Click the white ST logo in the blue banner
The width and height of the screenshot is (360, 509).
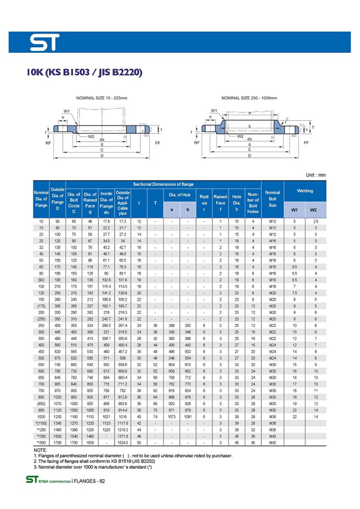pos(49,43)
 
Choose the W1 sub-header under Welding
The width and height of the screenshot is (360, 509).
pos(294,210)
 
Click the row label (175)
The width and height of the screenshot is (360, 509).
pos(41,306)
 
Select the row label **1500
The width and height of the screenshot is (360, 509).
pos(41,442)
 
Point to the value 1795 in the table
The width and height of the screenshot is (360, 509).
pos(58,442)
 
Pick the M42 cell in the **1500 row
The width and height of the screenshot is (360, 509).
pos(272,442)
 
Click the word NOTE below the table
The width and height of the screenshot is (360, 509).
pos(40,450)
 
